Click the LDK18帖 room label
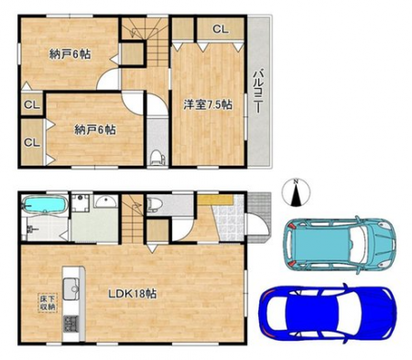[133, 294]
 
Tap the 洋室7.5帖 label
[208, 104]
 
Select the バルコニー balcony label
[258, 92]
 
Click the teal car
[340, 244]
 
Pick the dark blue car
[329, 313]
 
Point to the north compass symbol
[296, 193]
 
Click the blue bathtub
[45, 204]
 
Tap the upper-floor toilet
[157, 157]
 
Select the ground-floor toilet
[154, 204]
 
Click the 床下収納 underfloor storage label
[48, 303]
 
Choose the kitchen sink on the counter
[70, 289]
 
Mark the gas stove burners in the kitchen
[70, 324]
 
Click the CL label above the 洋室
[220, 29]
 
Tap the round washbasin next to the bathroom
[105, 202]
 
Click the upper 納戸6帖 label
[70, 54]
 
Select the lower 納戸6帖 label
[95, 130]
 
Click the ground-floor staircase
[133, 218]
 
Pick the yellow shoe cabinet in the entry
[215, 200]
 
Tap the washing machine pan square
[81, 202]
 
